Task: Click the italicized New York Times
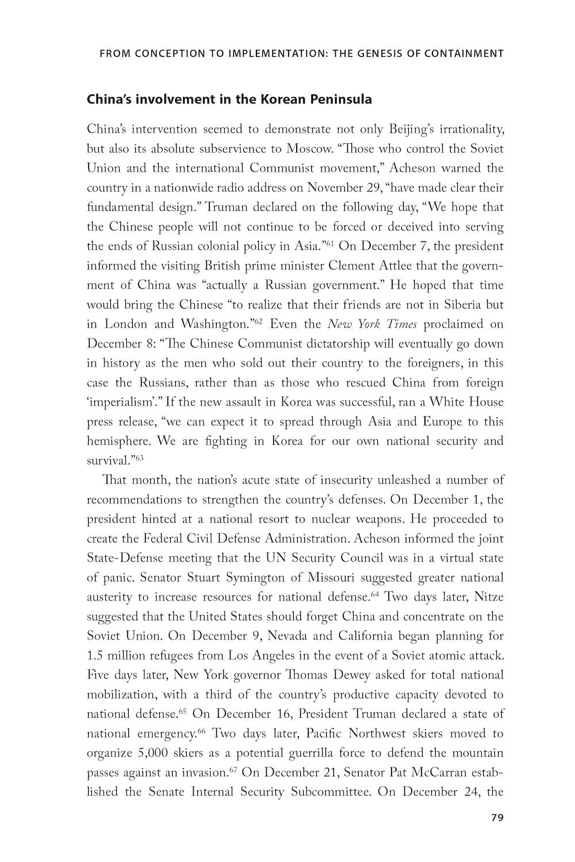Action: (x=372, y=324)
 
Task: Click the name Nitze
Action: (x=489, y=597)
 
